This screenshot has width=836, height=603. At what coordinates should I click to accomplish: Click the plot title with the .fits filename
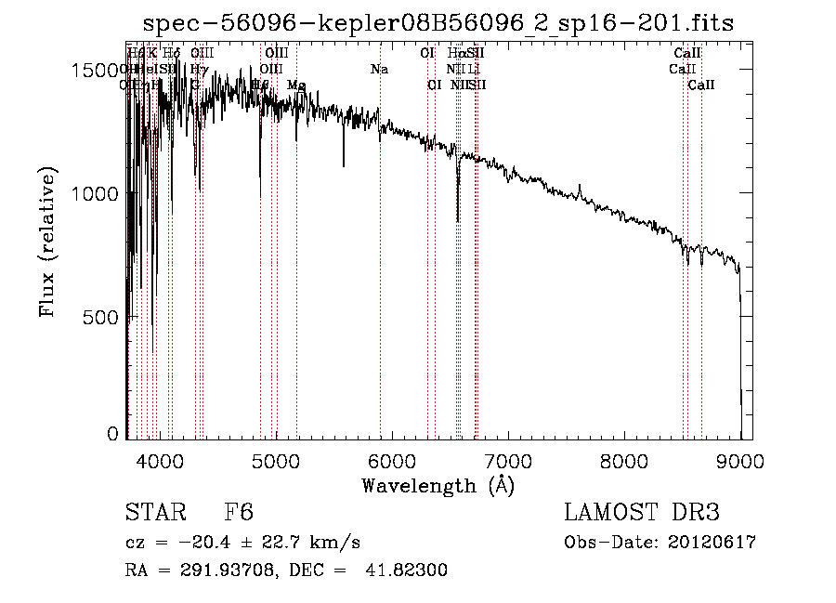(x=438, y=23)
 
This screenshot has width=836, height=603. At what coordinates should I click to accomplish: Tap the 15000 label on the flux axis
(x=97, y=71)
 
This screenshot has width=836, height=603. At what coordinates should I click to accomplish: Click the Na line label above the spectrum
(x=379, y=69)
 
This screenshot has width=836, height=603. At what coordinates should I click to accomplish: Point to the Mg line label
(x=296, y=85)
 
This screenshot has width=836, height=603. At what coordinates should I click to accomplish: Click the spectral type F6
(x=239, y=512)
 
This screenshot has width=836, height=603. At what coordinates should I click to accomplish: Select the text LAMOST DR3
(x=642, y=512)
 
